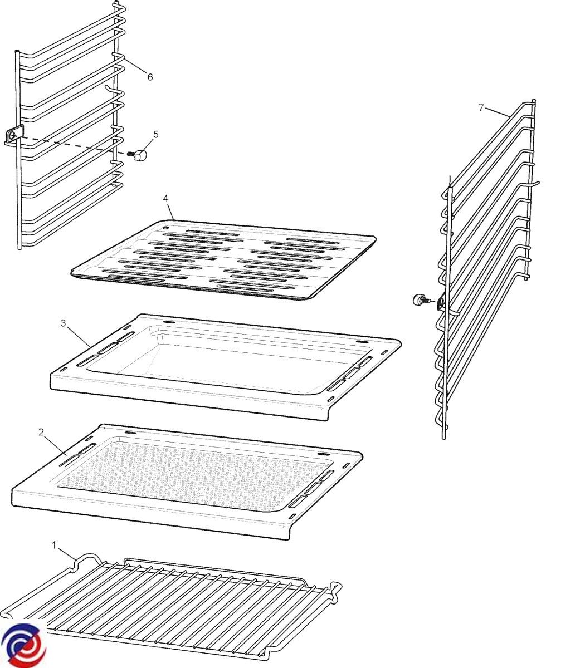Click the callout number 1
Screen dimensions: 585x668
pos(54,545)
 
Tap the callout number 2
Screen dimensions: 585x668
pos(41,433)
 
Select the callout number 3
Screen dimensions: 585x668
pos(63,323)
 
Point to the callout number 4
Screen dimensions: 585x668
pos(165,198)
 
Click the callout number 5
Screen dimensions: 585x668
pos(156,134)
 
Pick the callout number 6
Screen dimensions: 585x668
pos(150,77)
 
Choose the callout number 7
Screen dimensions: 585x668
pos(481,108)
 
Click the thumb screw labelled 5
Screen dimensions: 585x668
pos(137,155)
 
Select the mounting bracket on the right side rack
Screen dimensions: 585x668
pos(441,302)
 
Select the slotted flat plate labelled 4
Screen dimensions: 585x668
pos(223,260)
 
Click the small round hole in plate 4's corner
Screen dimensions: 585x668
pos(165,228)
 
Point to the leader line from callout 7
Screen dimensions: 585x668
pos(497,112)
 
